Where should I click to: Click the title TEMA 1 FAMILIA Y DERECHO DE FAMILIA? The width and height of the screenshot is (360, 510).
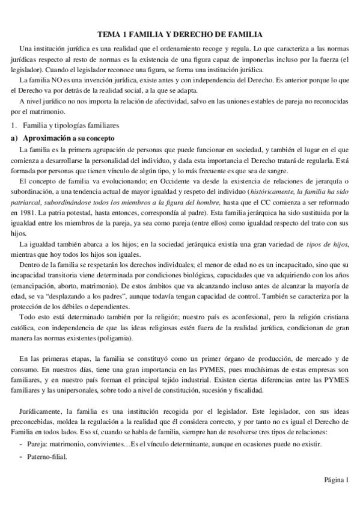(x=180, y=36)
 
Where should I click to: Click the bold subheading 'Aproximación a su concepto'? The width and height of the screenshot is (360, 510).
(x=64, y=138)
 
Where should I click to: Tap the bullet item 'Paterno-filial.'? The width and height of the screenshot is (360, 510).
(x=47, y=456)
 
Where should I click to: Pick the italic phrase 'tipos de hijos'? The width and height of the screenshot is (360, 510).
(x=327, y=226)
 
